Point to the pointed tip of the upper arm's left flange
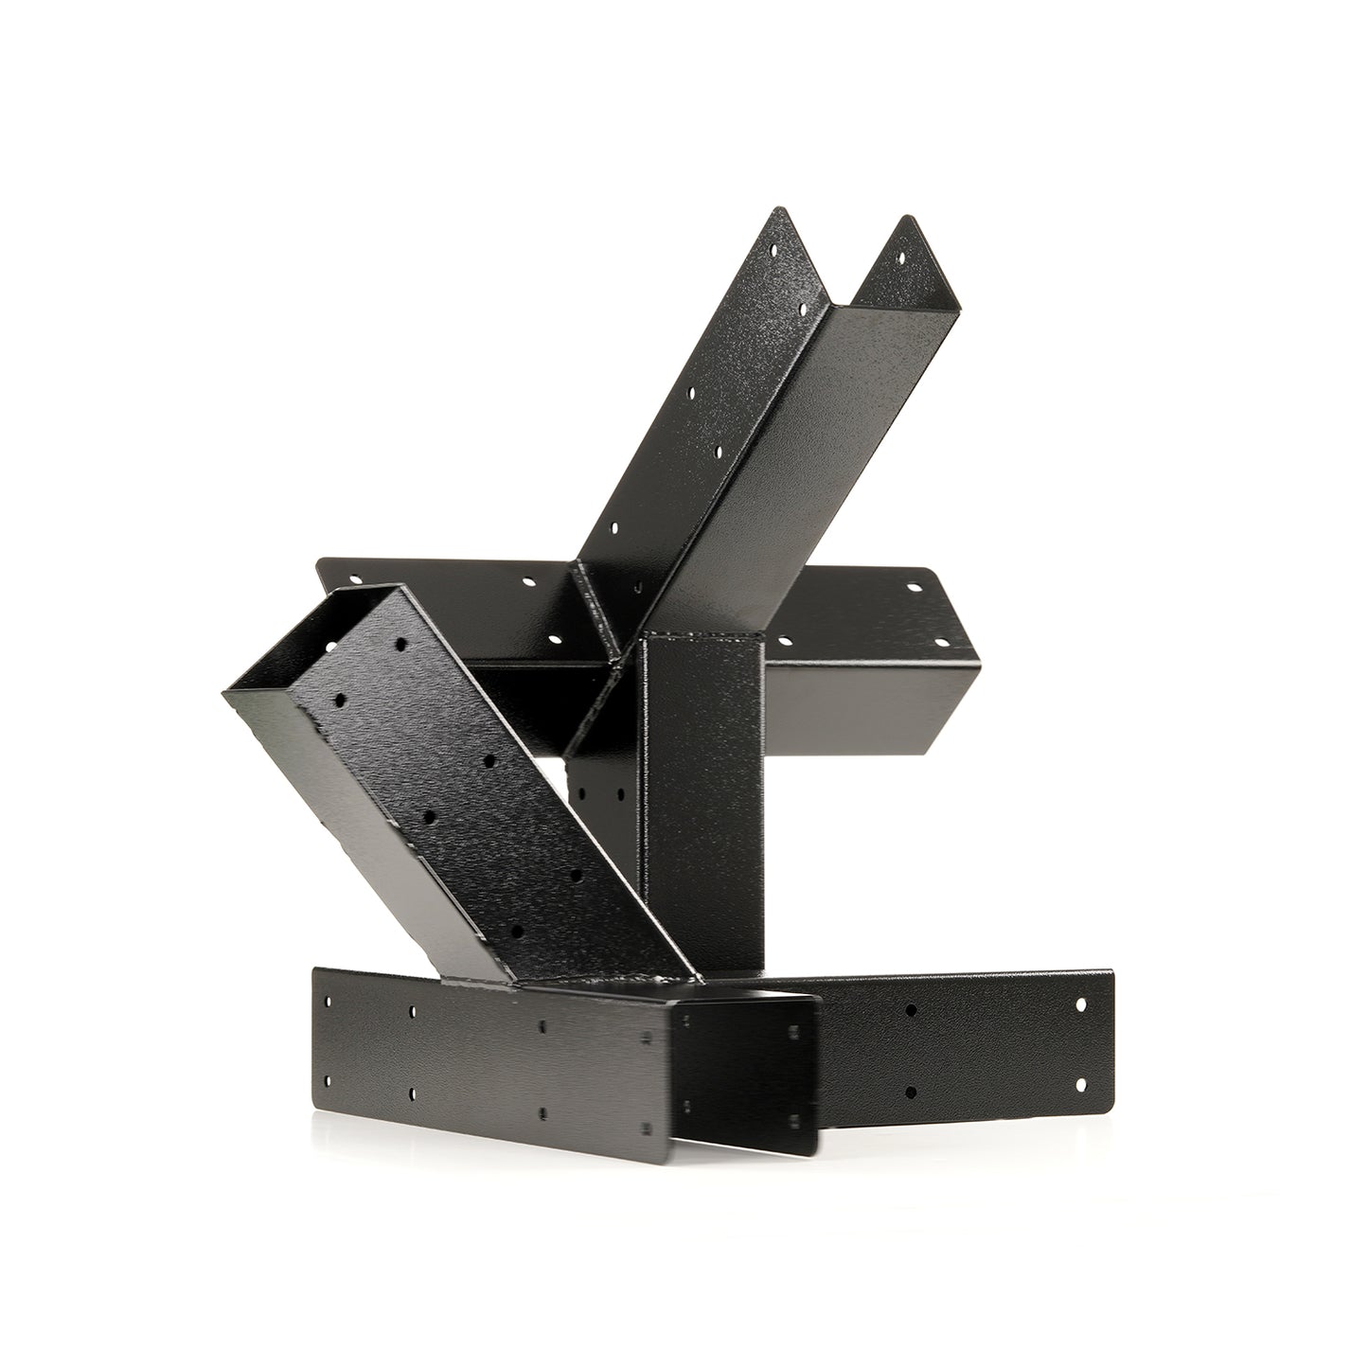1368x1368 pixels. [778, 210]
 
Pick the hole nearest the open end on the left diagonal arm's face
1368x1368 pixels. [400, 645]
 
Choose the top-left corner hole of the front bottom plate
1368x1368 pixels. [327, 1000]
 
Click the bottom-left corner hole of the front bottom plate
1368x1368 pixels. [327, 1080]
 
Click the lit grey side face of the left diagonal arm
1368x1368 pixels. [379, 805]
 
